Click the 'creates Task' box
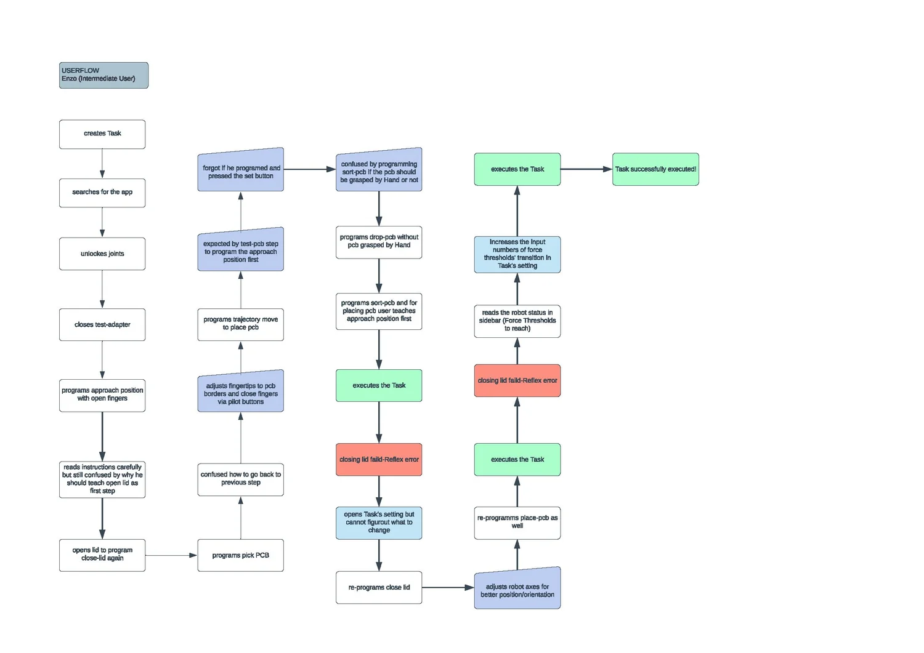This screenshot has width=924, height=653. click(x=102, y=134)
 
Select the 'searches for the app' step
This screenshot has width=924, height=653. click(x=102, y=193)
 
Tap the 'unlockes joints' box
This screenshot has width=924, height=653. click(x=102, y=254)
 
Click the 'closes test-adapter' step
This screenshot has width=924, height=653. click(x=102, y=324)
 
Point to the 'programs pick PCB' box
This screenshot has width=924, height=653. click(x=240, y=555)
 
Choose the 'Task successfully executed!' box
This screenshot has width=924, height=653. click(x=655, y=169)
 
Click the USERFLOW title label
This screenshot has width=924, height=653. click(x=103, y=76)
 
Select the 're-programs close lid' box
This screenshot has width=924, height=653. click(x=379, y=587)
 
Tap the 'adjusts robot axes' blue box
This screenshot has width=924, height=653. click(x=517, y=589)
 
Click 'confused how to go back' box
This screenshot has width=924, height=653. click(x=240, y=479)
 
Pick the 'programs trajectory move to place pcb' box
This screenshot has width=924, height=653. click(x=240, y=324)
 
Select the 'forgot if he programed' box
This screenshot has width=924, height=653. click(x=240, y=170)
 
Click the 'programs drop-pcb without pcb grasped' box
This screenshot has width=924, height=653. click(x=379, y=242)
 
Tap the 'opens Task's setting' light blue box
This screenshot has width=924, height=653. click(x=379, y=523)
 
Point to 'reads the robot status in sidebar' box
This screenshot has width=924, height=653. click(x=517, y=321)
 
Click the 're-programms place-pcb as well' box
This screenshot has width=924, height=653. click(x=517, y=523)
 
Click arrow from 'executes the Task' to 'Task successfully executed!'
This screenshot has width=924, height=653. click(x=586, y=169)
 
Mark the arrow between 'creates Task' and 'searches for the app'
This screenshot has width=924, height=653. click(x=102, y=164)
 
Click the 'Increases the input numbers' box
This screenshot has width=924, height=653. click(x=517, y=255)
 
